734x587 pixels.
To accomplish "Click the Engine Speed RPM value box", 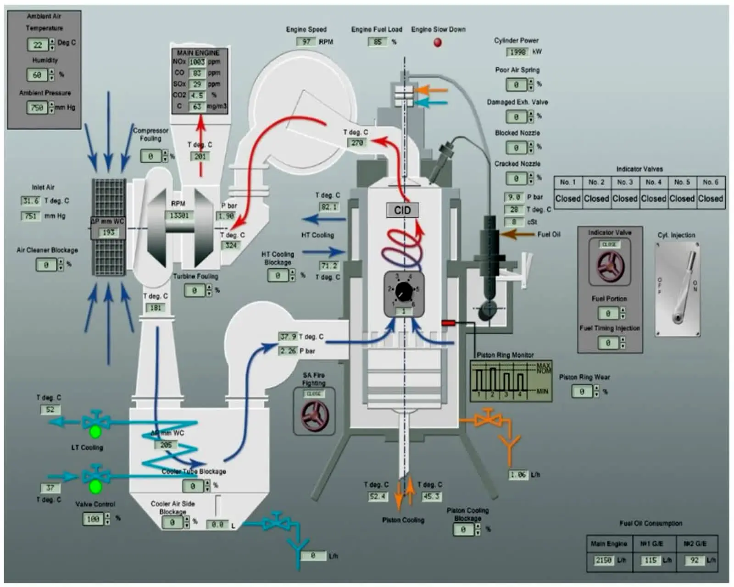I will [x=306, y=42].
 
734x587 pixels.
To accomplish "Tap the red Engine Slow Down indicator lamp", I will [x=438, y=43].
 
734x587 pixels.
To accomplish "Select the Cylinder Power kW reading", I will [x=517, y=52].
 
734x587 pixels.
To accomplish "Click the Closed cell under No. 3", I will [x=625, y=199].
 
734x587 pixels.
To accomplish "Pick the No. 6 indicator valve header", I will [x=710, y=182].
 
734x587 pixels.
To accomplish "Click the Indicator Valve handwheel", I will [x=610, y=266].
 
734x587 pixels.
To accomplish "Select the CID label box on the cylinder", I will [x=402, y=210].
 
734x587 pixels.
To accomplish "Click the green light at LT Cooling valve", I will [x=95, y=432].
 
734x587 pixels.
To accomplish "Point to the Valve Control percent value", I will [x=93, y=519].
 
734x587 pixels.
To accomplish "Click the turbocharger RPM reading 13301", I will [x=179, y=215].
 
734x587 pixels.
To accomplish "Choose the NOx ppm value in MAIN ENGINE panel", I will [x=197, y=62].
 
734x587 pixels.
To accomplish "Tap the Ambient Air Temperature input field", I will [x=38, y=44].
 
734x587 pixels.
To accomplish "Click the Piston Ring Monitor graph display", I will [x=511, y=381].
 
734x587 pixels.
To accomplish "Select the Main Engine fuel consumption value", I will [x=604, y=560].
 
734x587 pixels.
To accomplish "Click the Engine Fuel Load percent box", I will [x=378, y=42].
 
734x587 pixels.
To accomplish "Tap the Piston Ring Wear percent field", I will [x=582, y=392].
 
